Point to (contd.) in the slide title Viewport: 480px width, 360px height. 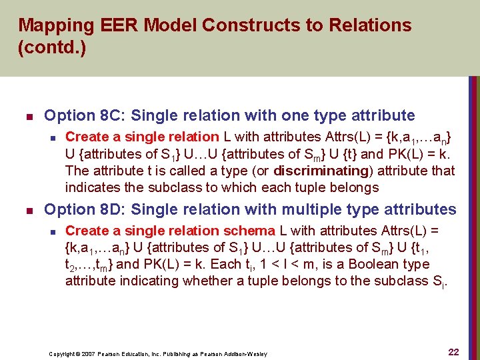coord(52,49)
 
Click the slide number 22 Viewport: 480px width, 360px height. coord(453,352)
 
